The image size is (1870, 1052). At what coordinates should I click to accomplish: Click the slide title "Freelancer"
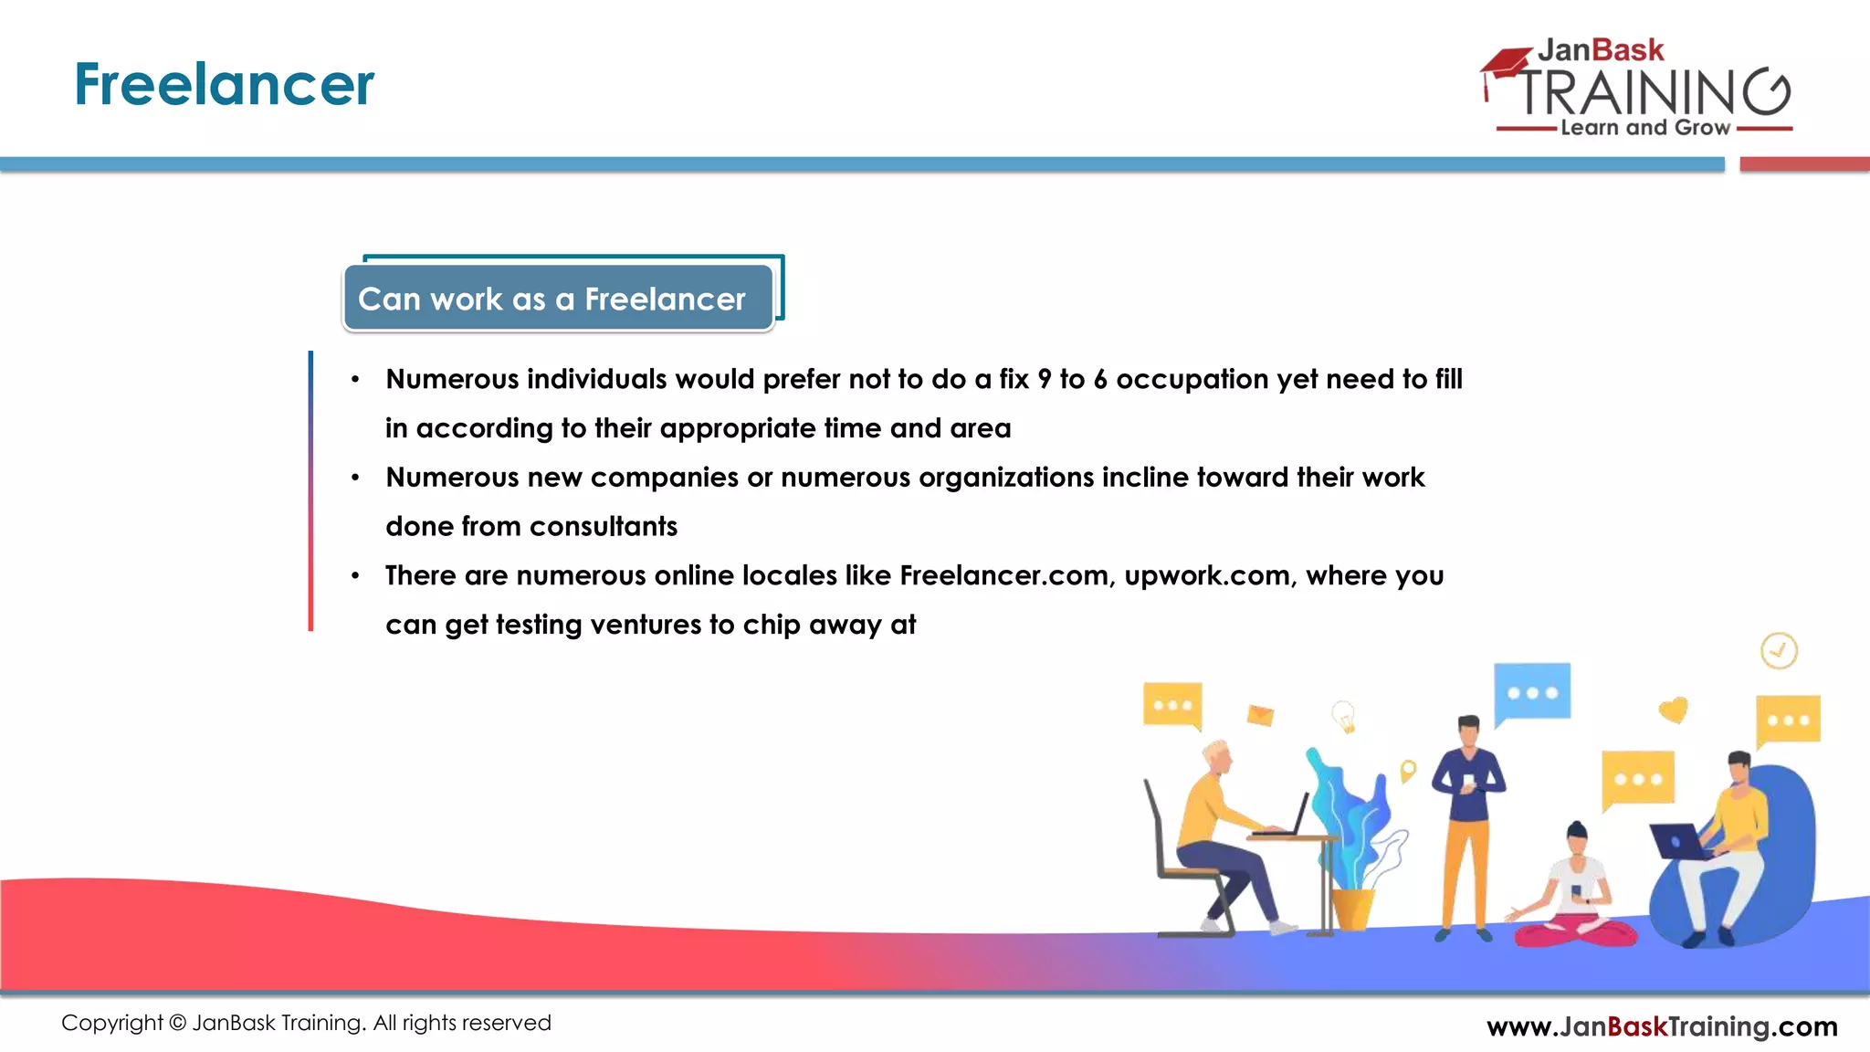224,84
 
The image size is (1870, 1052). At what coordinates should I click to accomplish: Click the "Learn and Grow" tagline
1644,128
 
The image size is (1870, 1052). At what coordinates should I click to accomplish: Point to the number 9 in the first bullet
1044,379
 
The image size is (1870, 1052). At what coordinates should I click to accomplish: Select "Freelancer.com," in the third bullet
1007,575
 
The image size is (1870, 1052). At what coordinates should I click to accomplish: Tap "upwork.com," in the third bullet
1211,575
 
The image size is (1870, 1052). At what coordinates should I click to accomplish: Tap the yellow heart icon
1673,710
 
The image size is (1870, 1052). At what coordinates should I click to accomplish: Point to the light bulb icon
1343,716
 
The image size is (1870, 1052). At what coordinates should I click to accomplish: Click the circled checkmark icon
1779,651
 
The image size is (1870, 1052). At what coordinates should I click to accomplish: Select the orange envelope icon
1260,715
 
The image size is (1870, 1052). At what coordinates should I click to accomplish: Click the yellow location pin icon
1408,770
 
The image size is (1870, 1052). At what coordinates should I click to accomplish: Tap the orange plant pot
1351,908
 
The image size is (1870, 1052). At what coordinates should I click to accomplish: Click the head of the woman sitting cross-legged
1577,836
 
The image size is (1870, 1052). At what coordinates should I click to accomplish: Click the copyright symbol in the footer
177,1023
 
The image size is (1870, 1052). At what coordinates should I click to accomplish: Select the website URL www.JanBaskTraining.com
1662,1026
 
